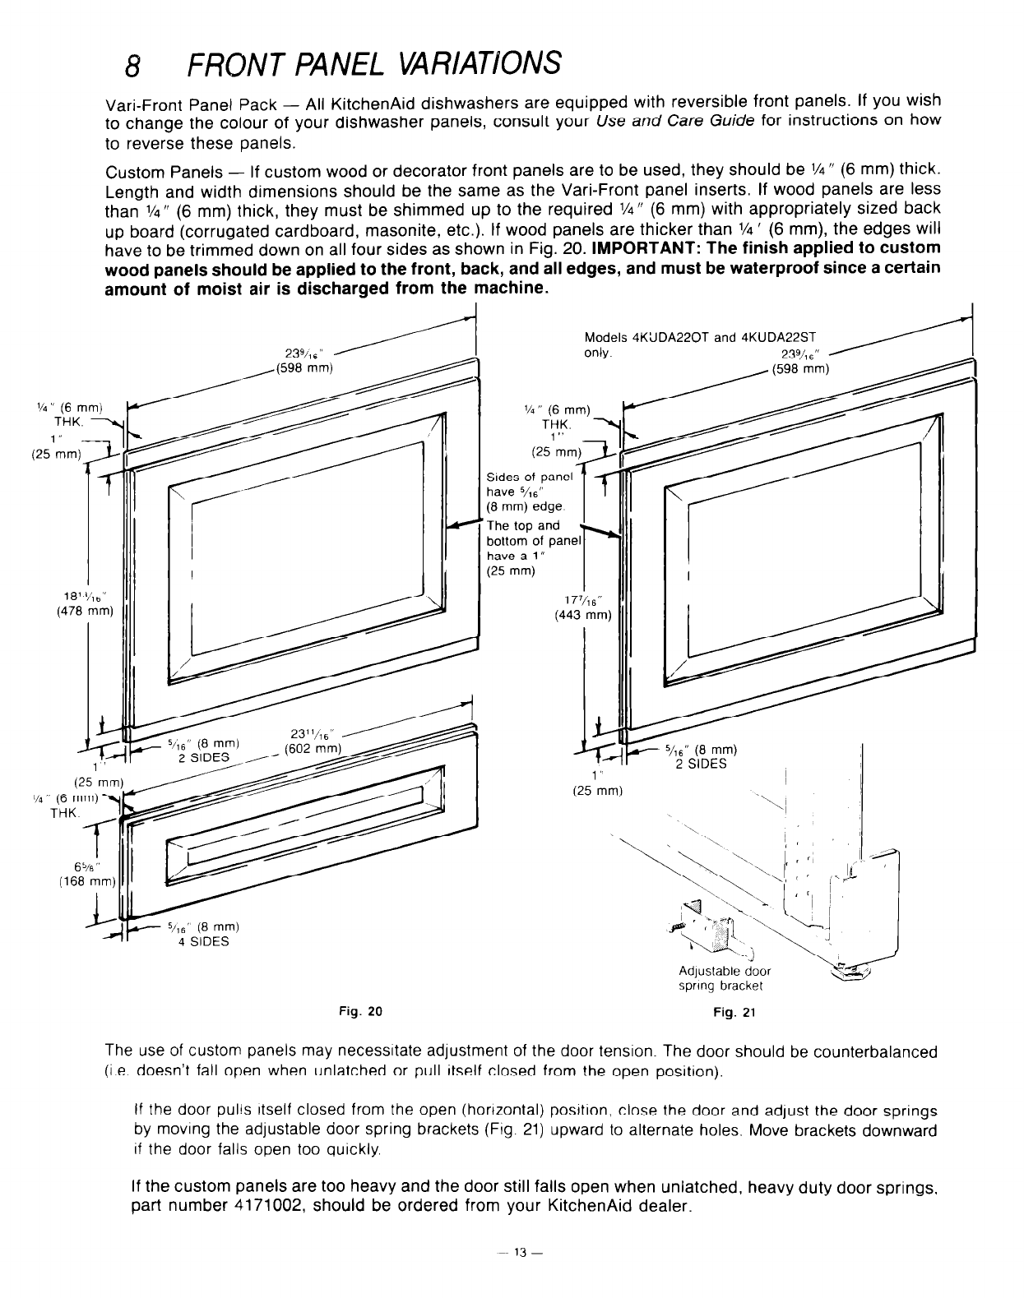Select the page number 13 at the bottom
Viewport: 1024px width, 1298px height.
point(519,1253)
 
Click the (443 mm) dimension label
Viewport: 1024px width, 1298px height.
point(584,614)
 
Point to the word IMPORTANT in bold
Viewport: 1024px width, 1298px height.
point(642,248)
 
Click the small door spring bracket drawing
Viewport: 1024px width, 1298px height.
point(702,925)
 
